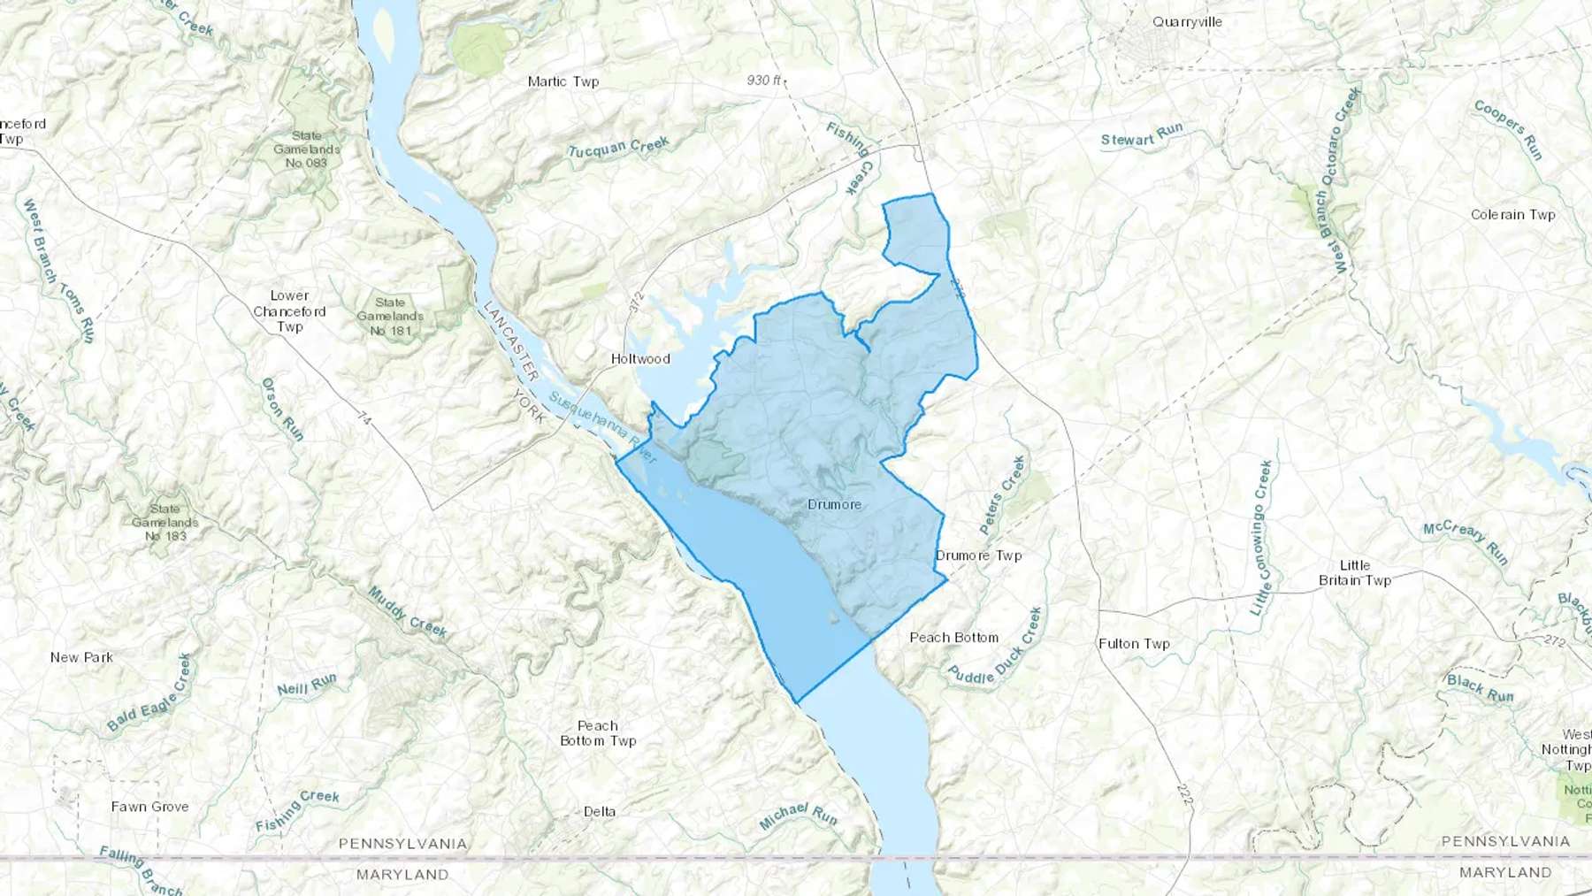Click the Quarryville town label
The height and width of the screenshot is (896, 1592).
coord(1187,22)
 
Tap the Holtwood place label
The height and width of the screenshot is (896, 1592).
coord(640,359)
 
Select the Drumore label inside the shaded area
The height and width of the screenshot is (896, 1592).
coord(834,505)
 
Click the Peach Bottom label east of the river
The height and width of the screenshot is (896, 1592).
coord(953,638)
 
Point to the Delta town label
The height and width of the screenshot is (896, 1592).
coord(600,812)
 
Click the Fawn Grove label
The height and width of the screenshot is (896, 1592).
coord(149,807)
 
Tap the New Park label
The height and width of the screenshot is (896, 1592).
coord(81,657)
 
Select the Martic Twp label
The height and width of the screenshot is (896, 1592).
coord(563,81)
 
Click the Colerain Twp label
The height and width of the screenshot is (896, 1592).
coord(1512,215)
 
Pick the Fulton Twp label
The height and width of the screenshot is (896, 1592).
coord(1134,644)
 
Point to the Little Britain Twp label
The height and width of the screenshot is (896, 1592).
coord(1355,573)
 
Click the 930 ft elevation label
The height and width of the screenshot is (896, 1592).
coord(764,80)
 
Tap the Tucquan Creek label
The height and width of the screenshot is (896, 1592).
coord(618,148)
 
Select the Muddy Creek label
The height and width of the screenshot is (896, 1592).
coord(408,612)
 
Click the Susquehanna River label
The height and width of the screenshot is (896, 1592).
coord(602,428)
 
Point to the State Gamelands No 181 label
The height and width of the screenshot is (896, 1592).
coord(390,317)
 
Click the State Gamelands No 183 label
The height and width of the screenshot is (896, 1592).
coord(165,522)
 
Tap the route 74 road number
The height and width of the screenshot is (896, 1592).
coord(364,418)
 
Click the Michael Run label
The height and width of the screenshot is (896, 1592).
coord(798,816)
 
